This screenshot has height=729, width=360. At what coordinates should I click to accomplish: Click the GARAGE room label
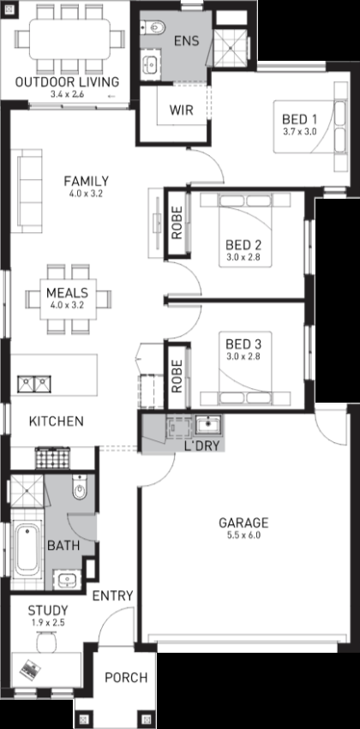click(243, 523)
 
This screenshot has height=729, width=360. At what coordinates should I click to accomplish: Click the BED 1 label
click(299, 118)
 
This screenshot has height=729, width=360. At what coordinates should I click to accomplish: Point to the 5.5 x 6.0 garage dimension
click(243, 535)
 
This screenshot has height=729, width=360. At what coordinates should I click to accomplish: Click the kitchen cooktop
click(52, 458)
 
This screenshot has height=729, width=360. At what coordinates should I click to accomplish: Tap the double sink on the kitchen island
click(34, 384)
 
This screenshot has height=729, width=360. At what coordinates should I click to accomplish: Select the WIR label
click(181, 111)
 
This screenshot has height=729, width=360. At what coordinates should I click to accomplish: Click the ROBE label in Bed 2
click(177, 223)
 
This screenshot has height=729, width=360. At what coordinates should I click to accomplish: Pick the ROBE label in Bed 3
click(177, 377)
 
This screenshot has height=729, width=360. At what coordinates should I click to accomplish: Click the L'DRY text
click(202, 445)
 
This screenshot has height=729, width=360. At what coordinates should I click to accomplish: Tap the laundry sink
click(208, 425)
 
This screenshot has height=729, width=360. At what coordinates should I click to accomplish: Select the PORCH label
click(126, 678)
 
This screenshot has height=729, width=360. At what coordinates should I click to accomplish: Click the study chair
click(46, 642)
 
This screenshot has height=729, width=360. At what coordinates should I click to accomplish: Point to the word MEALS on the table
click(67, 293)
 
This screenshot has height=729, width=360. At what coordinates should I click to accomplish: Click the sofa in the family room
click(30, 191)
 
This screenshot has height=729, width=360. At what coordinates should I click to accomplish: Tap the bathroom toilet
click(80, 487)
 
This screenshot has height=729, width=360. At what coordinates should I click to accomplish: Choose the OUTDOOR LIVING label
click(67, 82)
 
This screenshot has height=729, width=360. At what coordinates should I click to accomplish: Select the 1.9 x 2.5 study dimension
click(47, 623)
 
